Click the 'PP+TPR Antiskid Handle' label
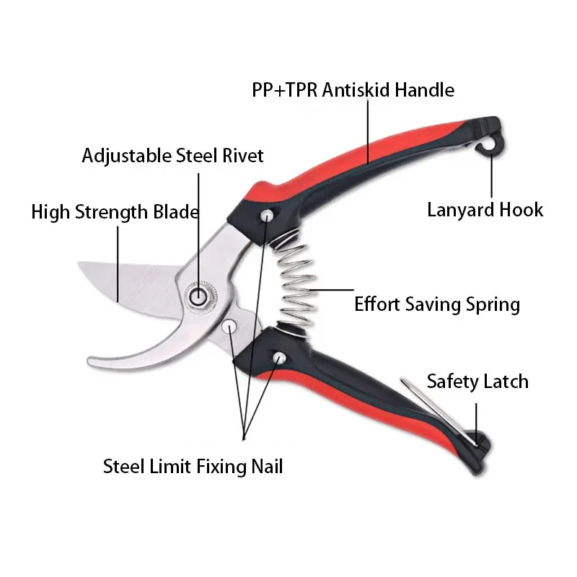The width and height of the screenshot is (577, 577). point(353,90)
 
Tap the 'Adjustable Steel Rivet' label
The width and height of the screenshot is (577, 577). point(172,155)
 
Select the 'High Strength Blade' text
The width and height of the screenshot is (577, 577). point(115,212)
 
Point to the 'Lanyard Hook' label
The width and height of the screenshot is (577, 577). point(485,210)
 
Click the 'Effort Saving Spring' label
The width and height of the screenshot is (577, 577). point(436,304)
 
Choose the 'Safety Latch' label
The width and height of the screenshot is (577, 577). point(477,382)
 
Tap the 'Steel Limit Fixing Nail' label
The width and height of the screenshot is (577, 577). point(193,466)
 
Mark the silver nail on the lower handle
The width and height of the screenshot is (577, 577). point(278,357)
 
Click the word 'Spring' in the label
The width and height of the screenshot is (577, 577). point(493,304)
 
